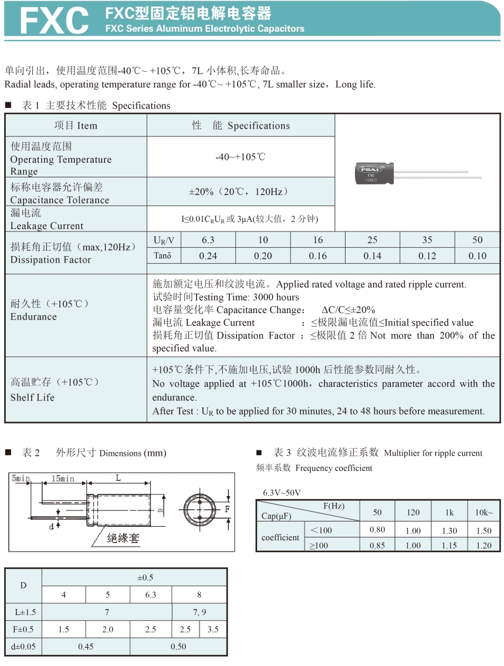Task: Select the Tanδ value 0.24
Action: [x=208, y=255]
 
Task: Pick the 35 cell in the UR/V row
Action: [x=427, y=240]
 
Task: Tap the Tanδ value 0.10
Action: [x=478, y=255]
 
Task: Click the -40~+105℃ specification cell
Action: [x=241, y=157]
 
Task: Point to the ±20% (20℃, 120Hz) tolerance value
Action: [x=239, y=192]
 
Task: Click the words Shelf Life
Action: [x=32, y=397]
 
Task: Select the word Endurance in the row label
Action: [x=33, y=317]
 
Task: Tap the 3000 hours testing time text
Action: [x=275, y=297]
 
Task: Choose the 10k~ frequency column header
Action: [x=484, y=512]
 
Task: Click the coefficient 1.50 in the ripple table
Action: [x=484, y=530]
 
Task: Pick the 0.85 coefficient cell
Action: [x=377, y=545]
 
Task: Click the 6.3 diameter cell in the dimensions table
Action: [x=151, y=594]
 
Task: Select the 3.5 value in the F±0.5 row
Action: [x=213, y=629]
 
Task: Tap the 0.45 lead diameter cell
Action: [x=86, y=647]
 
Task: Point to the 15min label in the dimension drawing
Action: [x=63, y=479]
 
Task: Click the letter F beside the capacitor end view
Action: [x=227, y=509]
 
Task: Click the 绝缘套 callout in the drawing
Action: [x=123, y=537]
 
